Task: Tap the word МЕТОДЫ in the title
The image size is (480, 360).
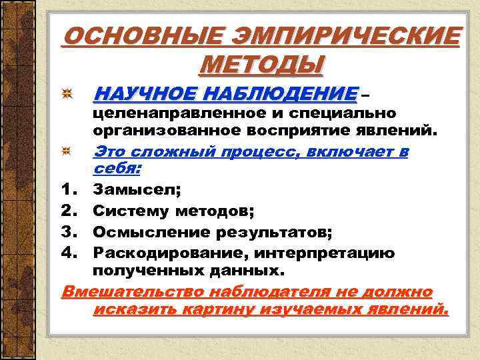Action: coord(261,65)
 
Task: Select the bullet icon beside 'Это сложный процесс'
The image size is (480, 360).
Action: coord(68,153)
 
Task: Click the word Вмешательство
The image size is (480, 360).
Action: coord(134,292)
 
